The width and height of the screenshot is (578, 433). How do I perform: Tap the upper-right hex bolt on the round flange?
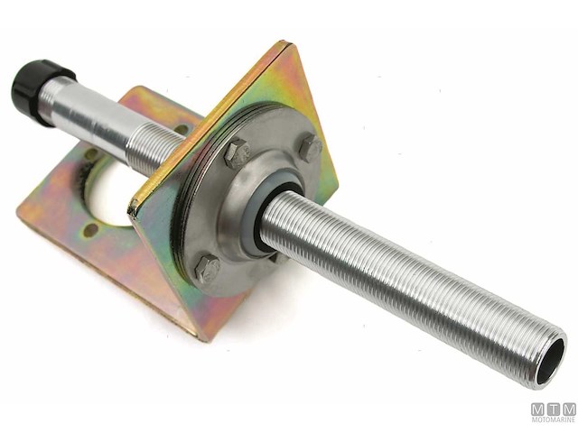click(310, 147)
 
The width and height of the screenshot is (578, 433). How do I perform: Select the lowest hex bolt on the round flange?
click(207, 268)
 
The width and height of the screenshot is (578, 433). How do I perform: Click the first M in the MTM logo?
click(537, 408)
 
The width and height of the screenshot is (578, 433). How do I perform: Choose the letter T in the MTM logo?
click(553, 408)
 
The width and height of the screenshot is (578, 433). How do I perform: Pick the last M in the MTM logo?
click(568, 408)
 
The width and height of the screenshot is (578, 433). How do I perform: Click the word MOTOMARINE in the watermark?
click(553, 419)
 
